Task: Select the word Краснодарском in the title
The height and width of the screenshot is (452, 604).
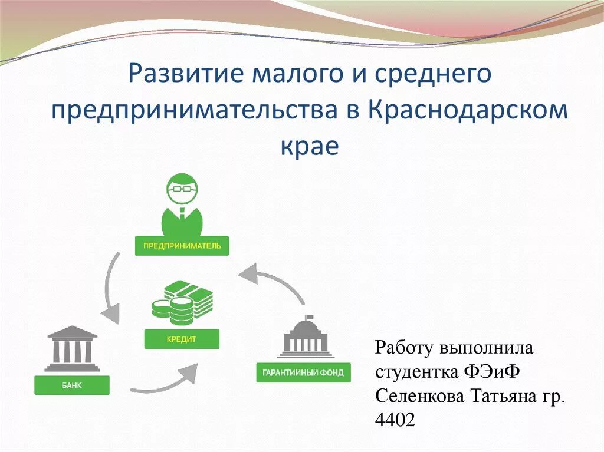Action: [469, 111]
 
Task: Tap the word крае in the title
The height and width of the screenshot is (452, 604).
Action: [309, 145]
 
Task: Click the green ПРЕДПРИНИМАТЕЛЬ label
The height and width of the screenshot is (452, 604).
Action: [182, 246]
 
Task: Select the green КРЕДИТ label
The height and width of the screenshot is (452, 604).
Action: [181, 339]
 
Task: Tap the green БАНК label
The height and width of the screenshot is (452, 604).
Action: [72, 386]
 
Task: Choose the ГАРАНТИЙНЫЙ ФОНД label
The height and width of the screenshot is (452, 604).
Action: [303, 373]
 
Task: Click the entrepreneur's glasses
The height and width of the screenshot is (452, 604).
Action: [182, 190]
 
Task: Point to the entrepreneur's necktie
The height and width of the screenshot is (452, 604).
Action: [182, 213]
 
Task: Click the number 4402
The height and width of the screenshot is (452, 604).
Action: [395, 420]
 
